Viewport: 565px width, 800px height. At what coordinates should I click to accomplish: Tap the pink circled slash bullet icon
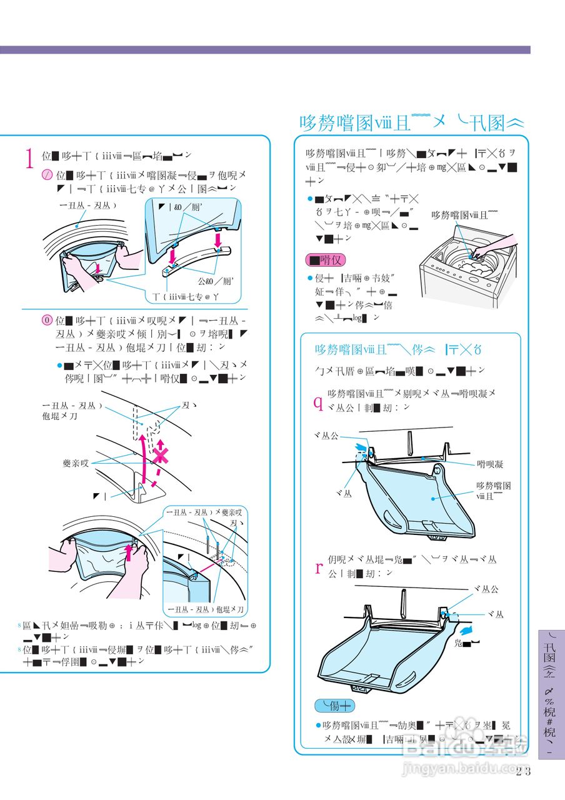[47, 176]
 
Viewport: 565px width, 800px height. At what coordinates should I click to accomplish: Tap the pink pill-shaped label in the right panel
[325, 259]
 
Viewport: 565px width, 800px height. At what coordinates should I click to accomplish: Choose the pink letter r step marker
[318, 567]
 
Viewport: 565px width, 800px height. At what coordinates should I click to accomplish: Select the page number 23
[523, 771]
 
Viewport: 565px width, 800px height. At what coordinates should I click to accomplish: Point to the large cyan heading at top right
[411, 122]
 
